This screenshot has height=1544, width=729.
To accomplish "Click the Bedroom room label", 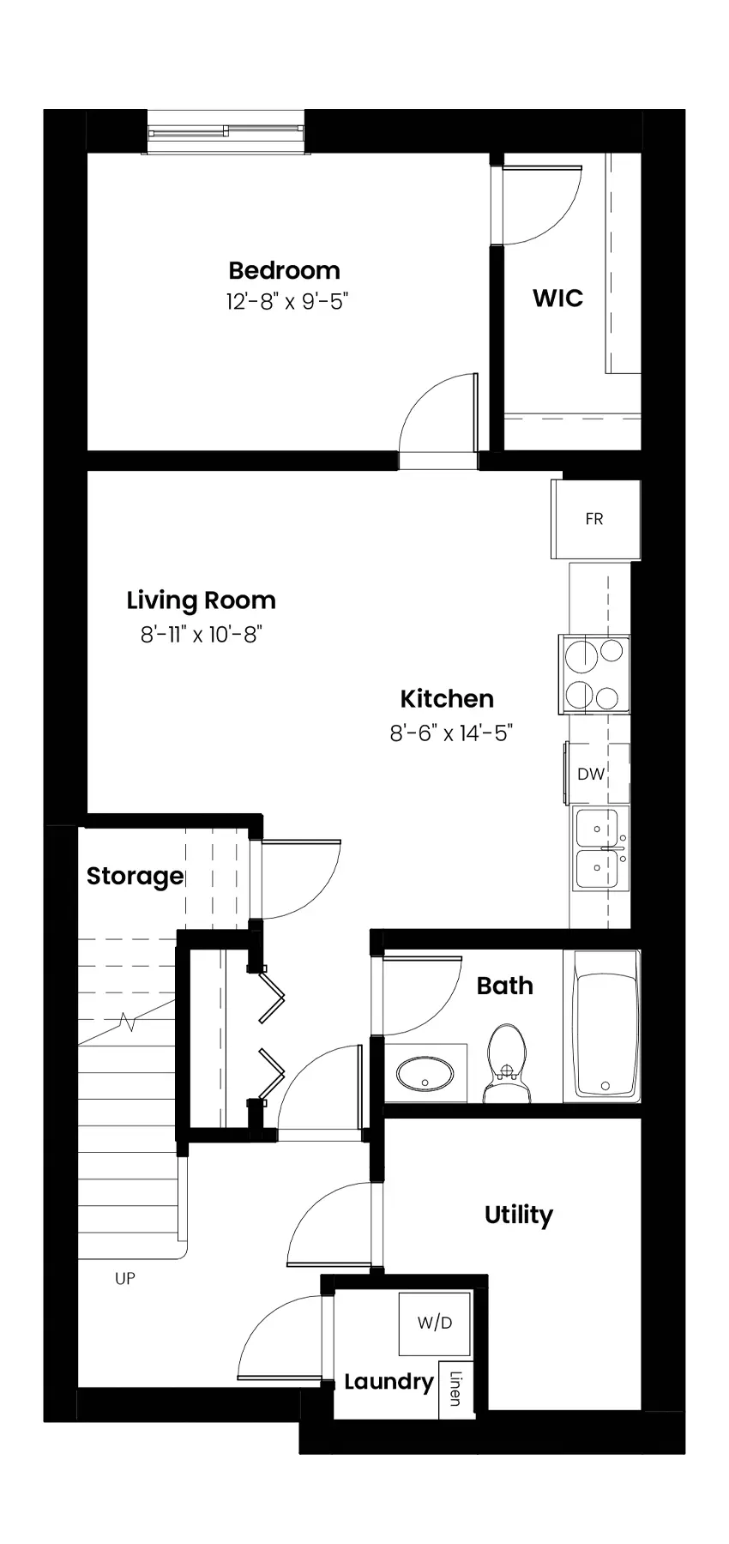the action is point(284,271).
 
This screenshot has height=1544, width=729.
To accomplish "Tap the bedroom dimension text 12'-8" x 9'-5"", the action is point(287,302).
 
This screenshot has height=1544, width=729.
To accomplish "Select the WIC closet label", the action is point(557,299).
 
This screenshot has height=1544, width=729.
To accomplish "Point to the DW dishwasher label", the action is point(591,774).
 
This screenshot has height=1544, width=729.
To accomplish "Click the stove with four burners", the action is point(594,674).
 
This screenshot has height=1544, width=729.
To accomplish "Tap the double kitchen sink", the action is point(599,849).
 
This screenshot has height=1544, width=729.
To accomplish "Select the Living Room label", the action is point(202,600).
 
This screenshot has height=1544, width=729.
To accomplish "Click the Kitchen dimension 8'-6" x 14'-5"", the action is point(451,733).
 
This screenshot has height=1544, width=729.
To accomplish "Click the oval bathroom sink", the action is point(425,1073).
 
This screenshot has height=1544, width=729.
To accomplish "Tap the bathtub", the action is point(606,1025).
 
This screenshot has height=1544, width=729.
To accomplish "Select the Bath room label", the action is point(505,986).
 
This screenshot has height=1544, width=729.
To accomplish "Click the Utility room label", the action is point(519,1215).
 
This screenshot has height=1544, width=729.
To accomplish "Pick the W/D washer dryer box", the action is point(435,1324).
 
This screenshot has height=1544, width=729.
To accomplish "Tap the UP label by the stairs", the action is point(125,1279).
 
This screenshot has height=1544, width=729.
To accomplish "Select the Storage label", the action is point(136,877).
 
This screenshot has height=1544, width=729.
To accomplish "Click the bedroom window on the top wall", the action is point(226,133).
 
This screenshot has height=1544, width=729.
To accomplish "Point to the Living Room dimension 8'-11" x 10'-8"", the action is point(202,635).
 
